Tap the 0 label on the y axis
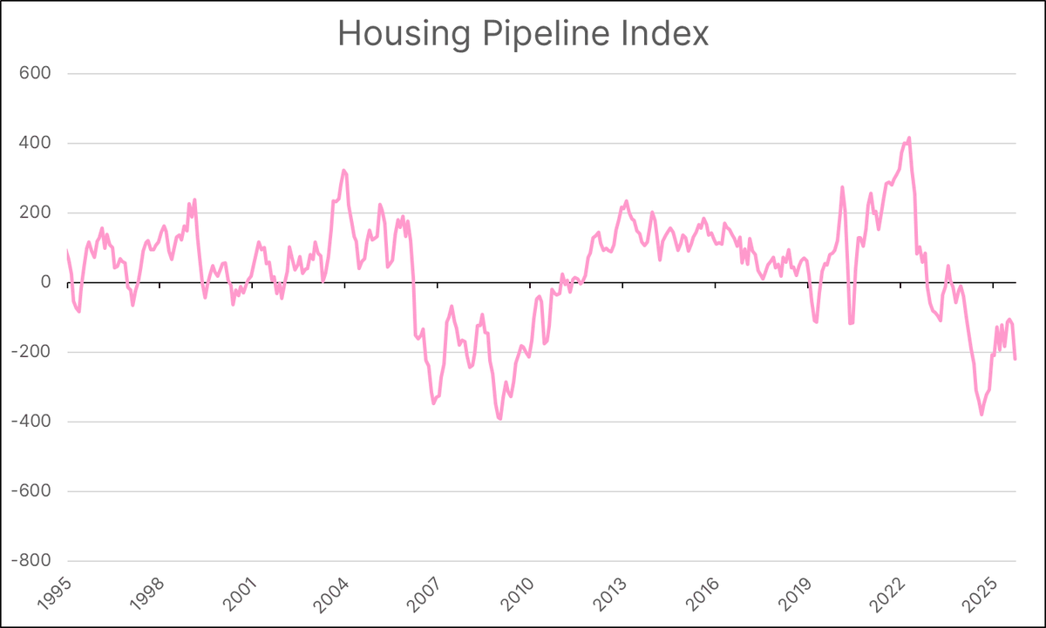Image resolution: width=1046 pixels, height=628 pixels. click(44, 282)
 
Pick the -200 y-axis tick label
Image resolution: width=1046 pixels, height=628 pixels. click(31, 352)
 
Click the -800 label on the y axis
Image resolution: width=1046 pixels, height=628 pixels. click(31, 561)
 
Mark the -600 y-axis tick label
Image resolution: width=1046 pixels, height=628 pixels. click(31, 491)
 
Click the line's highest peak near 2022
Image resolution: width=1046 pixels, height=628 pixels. click(909, 138)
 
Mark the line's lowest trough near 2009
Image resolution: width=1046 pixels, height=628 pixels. click(500, 419)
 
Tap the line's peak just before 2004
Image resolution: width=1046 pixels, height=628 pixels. click(343, 171)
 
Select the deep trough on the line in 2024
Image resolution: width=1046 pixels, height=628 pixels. click(981, 414)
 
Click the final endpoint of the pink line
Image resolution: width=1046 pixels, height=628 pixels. click(1015, 359)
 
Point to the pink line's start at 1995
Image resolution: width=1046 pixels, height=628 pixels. click(67, 252)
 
